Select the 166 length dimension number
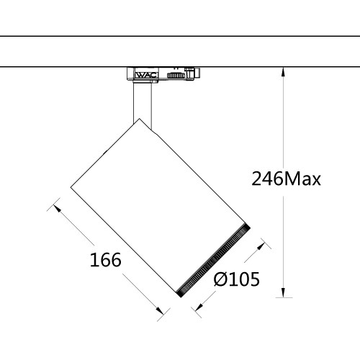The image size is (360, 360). click(104, 258)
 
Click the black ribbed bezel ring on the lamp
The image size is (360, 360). click(213, 260)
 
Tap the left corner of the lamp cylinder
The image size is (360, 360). click(71, 189)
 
